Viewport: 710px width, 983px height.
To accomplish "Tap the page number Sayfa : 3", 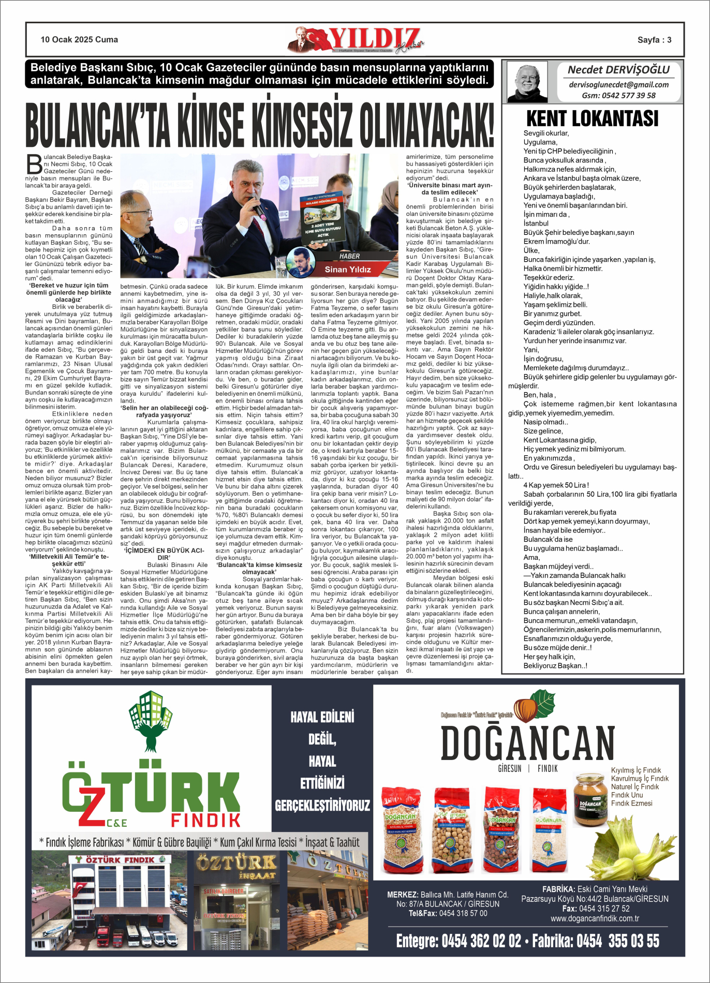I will [x=654, y=40].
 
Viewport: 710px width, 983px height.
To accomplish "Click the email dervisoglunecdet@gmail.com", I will [x=618, y=85].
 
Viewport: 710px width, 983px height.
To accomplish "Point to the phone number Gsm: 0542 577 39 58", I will [x=618, y=96].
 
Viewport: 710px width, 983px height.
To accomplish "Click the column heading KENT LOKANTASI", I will [x=592, y=118].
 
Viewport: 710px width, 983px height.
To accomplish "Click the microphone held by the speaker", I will [x=258, y=208].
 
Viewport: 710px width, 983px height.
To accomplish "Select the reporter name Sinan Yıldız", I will [x=348, y=270].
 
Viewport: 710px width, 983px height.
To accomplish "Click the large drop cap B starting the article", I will [x=34, y=164].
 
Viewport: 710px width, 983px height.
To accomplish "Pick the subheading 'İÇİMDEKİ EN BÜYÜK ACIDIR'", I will [x=164, y=554].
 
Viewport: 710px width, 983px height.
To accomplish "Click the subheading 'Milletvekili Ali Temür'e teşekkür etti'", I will [x=69, y=560].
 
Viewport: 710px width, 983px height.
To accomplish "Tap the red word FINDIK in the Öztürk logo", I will [x=206, y=820].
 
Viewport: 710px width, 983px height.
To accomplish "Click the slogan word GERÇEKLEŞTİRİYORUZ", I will [x=322, y=806].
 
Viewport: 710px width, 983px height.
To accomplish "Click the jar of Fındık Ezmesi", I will [x=590, y=799].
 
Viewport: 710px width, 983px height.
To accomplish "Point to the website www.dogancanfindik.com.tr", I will [x=595, y=918].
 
